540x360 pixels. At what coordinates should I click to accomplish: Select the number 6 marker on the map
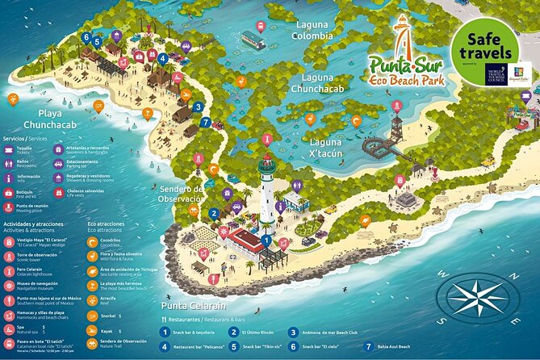point(86,37)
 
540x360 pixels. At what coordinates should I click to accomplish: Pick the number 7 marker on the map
point(207,123)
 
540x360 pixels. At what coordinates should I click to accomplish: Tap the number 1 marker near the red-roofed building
point(266,240)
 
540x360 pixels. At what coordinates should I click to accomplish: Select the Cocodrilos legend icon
point(93,241)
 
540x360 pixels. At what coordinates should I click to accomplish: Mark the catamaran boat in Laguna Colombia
point(253,40)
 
